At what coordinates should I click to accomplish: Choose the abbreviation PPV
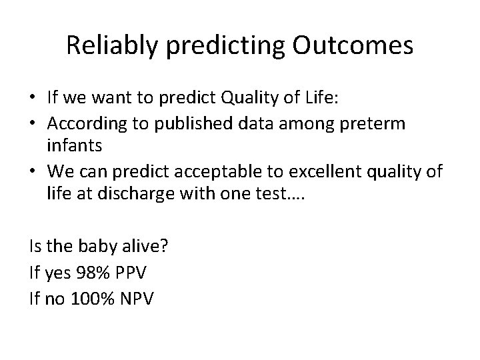point(136,273)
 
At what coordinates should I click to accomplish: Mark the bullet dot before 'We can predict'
point(34,172)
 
